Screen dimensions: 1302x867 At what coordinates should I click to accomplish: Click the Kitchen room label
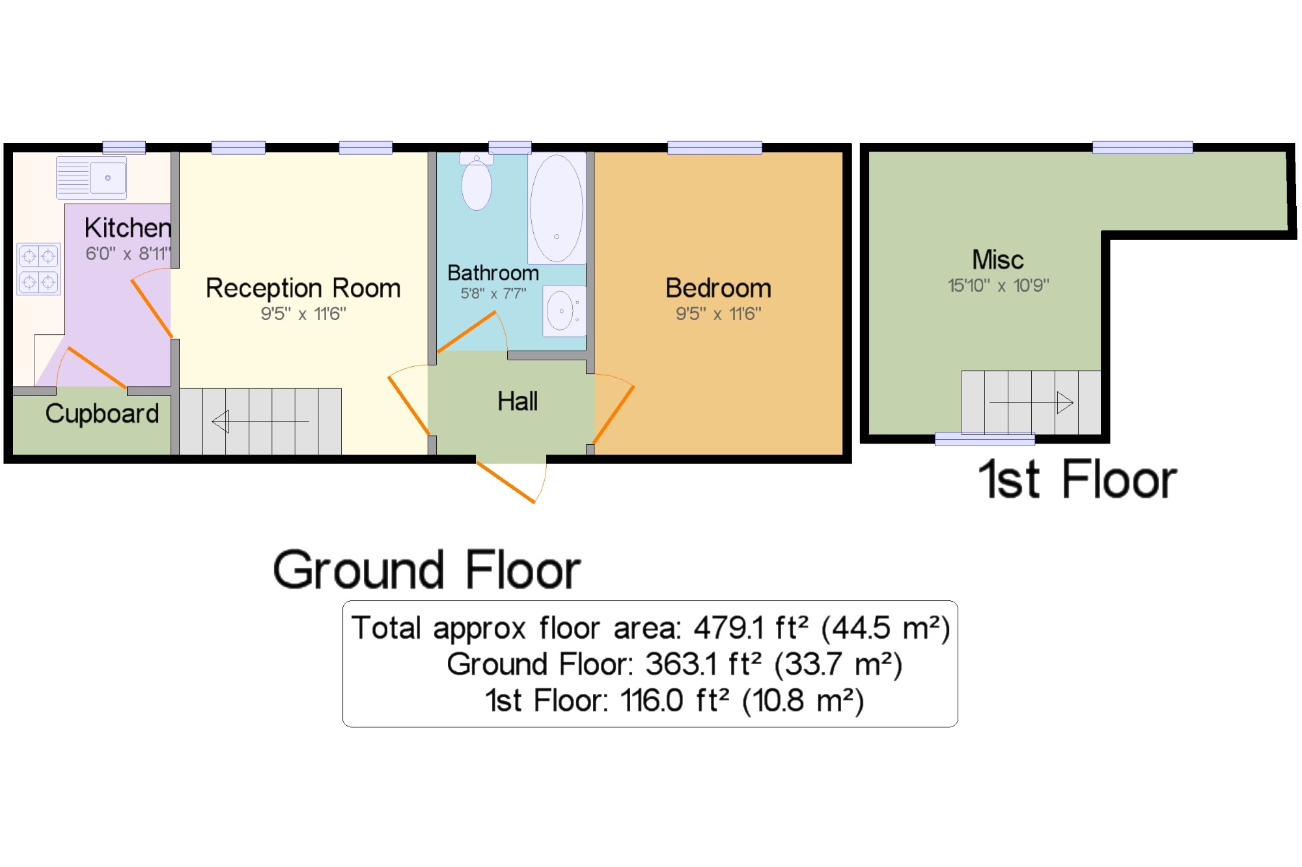tap(128, 228)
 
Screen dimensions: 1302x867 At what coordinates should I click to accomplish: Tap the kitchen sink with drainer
tap(91, 178)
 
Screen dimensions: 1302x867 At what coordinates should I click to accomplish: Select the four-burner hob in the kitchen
tap(38, 269)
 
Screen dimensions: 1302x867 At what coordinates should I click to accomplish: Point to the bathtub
tap(557, 208)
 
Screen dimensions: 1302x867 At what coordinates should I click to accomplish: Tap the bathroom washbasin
tap(564, 310)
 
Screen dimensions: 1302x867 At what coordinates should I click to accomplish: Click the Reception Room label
tap(303, 288)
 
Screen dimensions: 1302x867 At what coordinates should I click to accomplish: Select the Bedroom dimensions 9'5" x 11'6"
tap(718, 314)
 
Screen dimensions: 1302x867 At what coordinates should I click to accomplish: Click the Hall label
tap(518, 401)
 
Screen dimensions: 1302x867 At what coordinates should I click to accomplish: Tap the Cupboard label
tap(102, 414)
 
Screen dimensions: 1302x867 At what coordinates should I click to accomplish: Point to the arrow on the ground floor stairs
tap(260, 421)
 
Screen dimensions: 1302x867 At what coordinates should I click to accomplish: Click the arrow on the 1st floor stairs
tap(1031, 403)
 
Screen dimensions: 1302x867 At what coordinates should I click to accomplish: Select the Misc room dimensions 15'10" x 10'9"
tap(998, 286)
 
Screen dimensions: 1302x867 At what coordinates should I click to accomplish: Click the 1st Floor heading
tap(1077, 480)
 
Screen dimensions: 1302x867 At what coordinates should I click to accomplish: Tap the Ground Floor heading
tap(427, 570)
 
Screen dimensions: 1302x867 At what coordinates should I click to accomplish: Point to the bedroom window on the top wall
tap(715, 148)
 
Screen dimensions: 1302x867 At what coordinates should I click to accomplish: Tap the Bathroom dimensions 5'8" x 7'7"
tap(493, 293)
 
